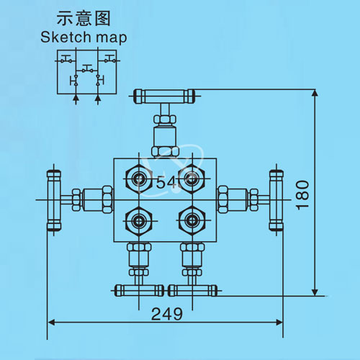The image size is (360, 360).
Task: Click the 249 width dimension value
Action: [x=167, y=314]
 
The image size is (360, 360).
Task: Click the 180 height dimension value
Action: [x=302, y=195]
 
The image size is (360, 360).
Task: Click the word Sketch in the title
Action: [x=66, y=37]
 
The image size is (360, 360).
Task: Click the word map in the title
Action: [x=111, y=38]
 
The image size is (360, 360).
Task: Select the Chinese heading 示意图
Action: [x=84, y=18]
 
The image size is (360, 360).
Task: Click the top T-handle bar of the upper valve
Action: [x=164, y=96]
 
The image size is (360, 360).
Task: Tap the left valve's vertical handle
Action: [x=54, y=200]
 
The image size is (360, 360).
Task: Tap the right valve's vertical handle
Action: [x=276, y=200]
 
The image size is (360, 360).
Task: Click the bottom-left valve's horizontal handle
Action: [x=140, y=291]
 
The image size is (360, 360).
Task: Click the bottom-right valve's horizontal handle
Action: [x=192, y=291]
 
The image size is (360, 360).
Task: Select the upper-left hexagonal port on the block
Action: [x=139, y=179]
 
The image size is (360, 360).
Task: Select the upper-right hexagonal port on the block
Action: [x=192, y=179]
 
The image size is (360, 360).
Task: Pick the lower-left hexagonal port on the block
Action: [x=139, y=220]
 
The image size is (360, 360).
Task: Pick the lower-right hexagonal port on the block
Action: [x=192, y=220]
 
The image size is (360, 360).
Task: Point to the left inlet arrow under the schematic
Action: [x=76, y=99]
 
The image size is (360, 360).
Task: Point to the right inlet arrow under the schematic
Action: [x=98, y=99]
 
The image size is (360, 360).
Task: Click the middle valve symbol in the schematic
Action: [x=87, y=69]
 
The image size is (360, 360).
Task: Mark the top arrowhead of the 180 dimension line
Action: [x=315, y=93]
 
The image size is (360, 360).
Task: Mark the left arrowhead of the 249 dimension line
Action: [x=52, y=323]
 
